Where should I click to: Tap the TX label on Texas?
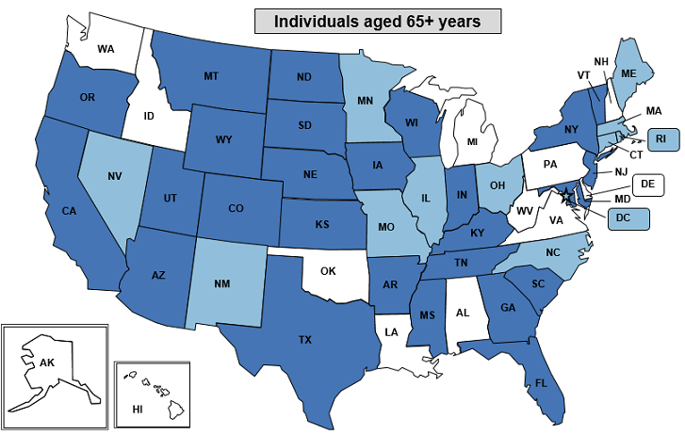click(x=306, y=339)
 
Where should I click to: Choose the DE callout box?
click(x=646, y=185)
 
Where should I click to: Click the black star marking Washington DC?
click(x=565, y=197)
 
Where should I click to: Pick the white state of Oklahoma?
click(x=328, y=271)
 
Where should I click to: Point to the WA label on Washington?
click(x=106, y=47)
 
